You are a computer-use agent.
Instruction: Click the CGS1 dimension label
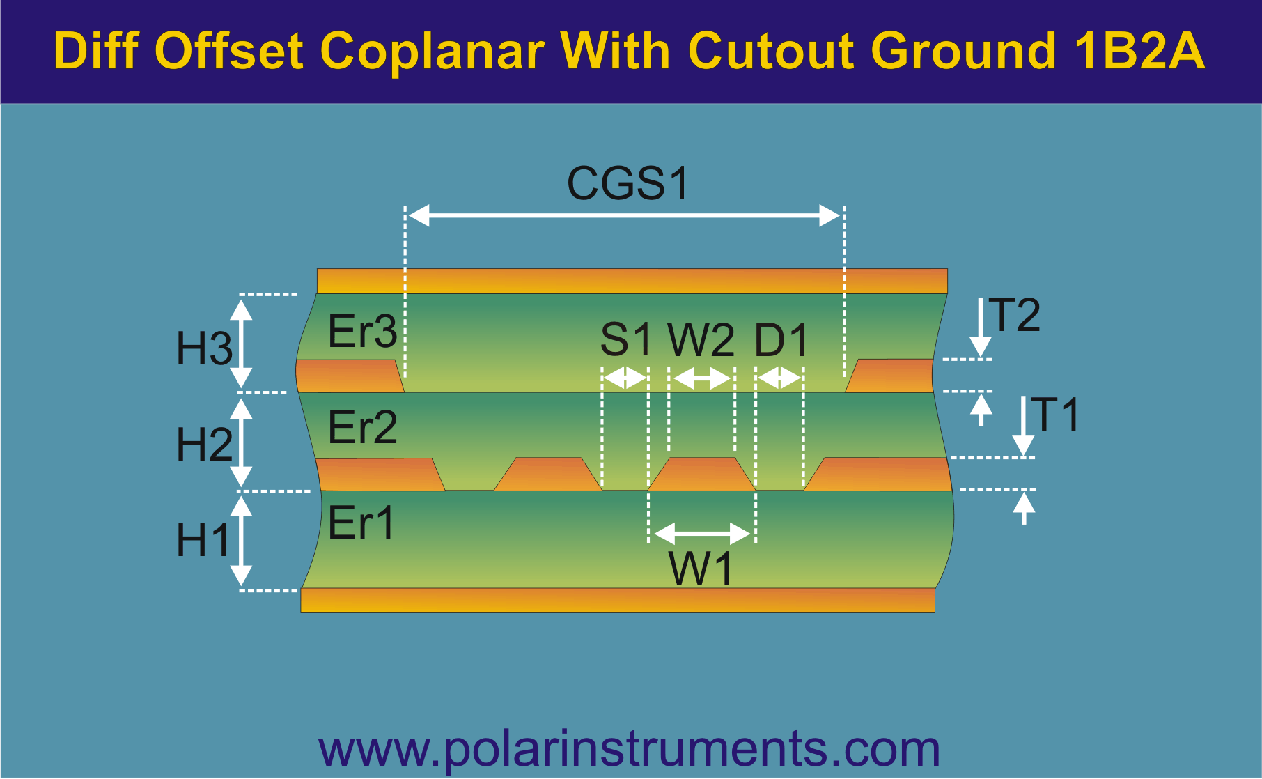pos(628,183)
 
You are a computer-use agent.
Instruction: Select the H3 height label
pos(204,348)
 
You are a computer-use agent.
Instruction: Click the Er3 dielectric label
pos(362,331)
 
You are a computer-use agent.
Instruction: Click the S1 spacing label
pos(626,340)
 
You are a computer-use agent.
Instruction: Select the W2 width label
pos(701,340)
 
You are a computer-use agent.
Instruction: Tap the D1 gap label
pos(781,340)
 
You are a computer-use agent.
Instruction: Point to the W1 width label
pos(701,569)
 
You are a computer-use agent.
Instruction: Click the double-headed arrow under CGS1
pos(624,216)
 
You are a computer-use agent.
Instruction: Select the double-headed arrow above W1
pos(702,534)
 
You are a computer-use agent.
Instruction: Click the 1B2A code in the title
pos(1139,51)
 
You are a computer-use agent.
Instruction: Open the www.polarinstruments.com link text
pos(630,750)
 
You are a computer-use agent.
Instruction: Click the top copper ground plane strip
pos(632,281)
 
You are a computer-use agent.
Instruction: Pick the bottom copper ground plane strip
pos(618,601)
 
